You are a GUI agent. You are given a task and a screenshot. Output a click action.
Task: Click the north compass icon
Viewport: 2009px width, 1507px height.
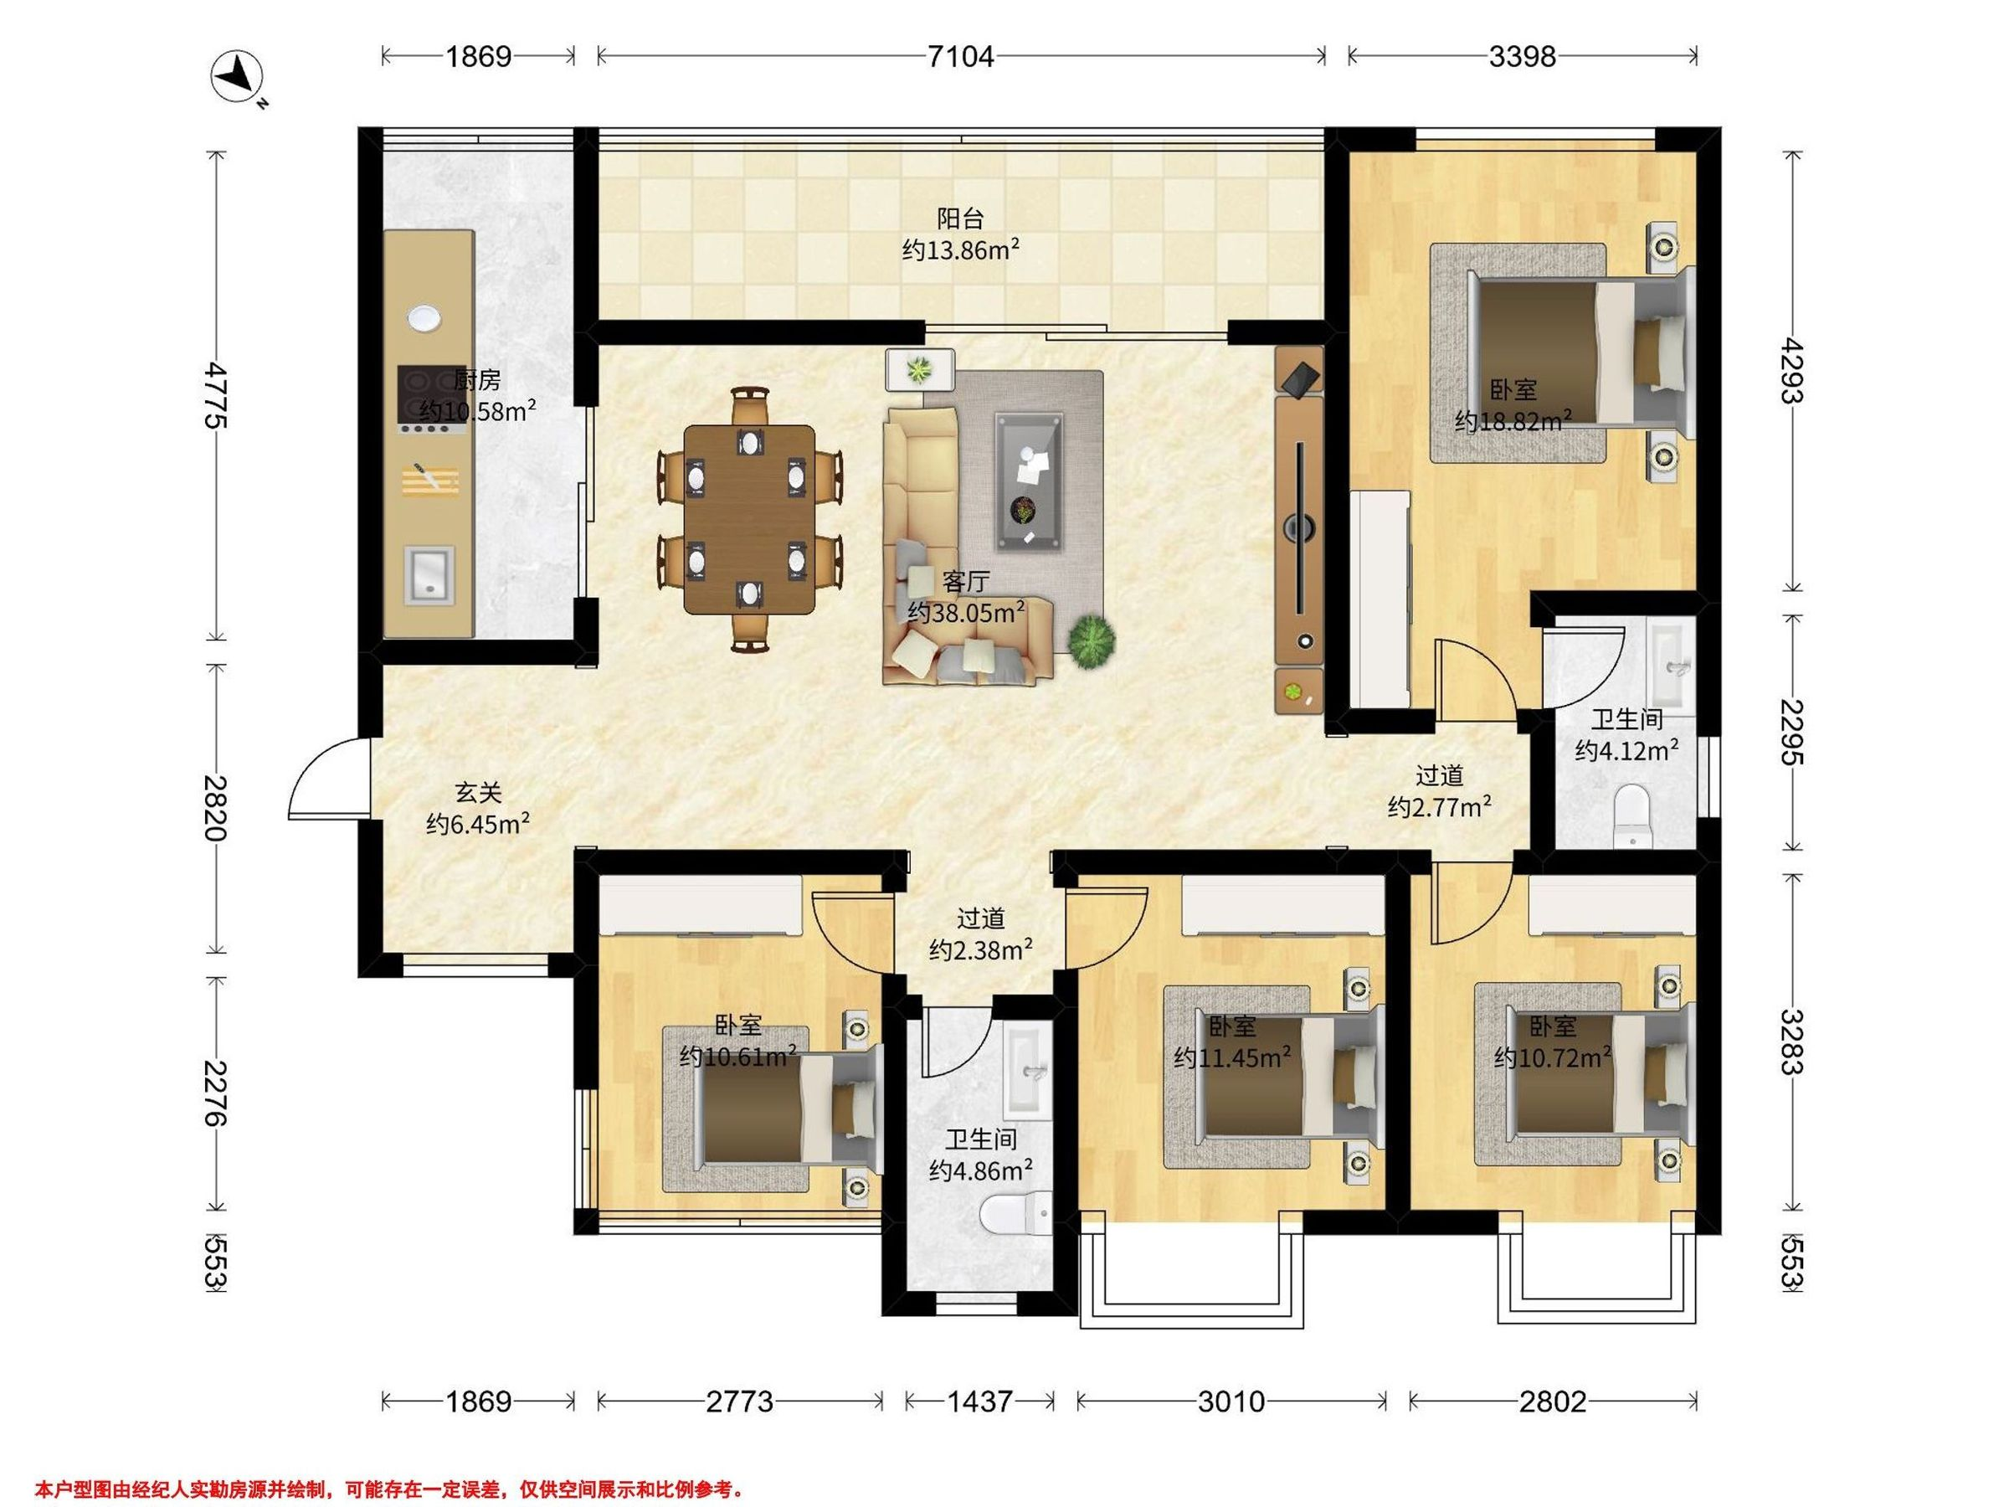pos(238,79)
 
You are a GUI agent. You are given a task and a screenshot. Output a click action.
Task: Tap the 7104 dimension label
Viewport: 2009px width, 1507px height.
pos(961,57)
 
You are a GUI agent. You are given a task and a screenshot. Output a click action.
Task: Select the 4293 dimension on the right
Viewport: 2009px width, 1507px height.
pos(1791,371)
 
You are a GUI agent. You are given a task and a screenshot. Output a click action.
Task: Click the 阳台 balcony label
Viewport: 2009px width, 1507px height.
pos(961,218)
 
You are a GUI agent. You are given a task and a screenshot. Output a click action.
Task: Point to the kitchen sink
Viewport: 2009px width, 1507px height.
pos(428,573)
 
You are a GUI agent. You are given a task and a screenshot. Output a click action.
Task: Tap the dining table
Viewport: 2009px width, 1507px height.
pos(748,519)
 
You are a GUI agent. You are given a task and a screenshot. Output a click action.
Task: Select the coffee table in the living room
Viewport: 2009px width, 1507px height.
pos(1029,482)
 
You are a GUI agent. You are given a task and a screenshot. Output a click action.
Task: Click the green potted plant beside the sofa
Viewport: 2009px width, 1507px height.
pos(1091,642)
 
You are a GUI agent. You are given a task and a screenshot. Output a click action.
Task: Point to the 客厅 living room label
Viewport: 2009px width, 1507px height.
pos(965,581)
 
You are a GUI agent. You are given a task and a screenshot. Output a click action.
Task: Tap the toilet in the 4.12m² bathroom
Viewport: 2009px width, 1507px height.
pos(1631,815)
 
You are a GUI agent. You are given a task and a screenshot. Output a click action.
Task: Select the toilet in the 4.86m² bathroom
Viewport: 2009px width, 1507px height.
pos(1017,1215)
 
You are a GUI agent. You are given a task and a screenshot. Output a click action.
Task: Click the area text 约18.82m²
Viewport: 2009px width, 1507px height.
pos(1514,421)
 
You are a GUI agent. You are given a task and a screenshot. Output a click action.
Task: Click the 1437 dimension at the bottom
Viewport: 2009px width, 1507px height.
pos(979,1402)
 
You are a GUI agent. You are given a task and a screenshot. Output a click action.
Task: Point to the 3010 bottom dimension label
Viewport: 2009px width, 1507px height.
pos(1231,1402)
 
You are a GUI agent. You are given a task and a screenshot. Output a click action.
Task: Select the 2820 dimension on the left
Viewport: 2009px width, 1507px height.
pos(214,809)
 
